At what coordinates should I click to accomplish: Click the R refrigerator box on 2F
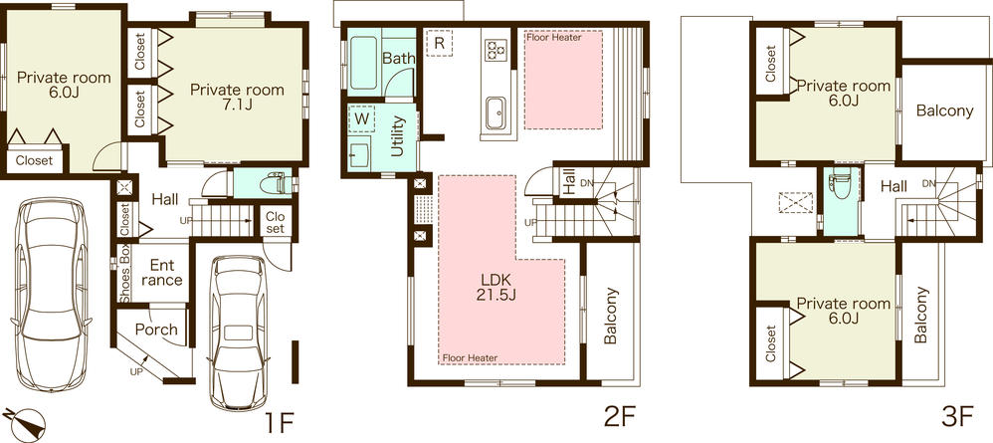click(438, 43)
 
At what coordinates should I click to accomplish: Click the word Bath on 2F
click(399, 59)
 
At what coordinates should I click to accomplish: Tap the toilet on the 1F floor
click(277, 184)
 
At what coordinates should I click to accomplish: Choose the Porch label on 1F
click(156, 330)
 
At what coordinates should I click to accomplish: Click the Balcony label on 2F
click(610, 317)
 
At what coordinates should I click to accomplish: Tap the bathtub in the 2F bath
click(360, 61)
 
